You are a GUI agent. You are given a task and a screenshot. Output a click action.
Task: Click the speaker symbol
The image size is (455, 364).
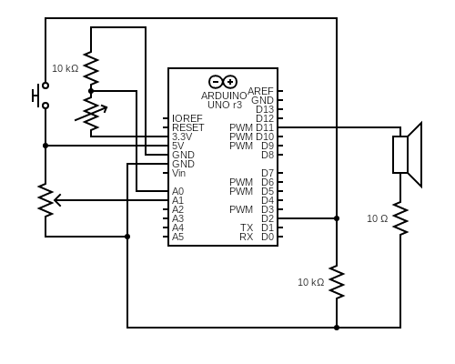pyautogui.click(x=407, y=155)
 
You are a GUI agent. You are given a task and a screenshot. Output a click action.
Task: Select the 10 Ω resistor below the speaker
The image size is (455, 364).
pyautogui.click(x=400, y=219)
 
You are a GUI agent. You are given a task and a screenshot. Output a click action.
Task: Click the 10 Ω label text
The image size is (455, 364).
pyautogui.click(x=377, y=219)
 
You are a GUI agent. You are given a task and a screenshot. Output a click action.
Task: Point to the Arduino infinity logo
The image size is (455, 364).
pyautogui.click(x=223, y=81)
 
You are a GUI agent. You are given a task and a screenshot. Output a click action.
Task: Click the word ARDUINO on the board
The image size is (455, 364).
pyautogui.click(x=224, y=96)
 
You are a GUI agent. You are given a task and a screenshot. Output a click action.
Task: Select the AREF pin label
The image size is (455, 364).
pyautogui.click(x=260, y=91)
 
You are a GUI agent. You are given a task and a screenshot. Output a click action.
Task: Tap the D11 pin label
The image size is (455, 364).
pyautogui.click(x=264, y=127)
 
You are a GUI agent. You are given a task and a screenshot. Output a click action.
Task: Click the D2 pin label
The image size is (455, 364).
pyautogui.click(x=267, y=218)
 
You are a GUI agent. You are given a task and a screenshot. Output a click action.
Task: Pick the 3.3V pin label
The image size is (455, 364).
pyautogui.click(x=182, y=136)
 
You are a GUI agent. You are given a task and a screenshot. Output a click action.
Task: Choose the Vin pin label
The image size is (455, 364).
pyautogui.click(x=178, y=173)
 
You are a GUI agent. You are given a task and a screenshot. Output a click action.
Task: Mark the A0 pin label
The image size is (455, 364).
pyautogui.click(x=177, y=191)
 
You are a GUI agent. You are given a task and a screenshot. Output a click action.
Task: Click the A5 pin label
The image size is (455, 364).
pyautogui.click(x=177, y=237)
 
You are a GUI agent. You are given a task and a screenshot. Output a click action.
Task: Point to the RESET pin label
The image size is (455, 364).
pyautogui.click(x=187, y=127)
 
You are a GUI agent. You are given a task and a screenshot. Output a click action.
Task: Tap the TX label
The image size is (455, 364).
pyautogui.click(x=247, y=227)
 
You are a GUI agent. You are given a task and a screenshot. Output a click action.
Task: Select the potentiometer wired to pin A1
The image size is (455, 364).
pyautogui.click(x=45, y=200)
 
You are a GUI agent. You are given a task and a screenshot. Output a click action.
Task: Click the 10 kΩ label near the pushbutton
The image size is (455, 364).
pyautogui.click(x=65, y=68)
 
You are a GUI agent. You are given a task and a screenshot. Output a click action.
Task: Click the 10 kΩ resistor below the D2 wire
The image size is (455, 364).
pyautogui.click(x=337, y=282)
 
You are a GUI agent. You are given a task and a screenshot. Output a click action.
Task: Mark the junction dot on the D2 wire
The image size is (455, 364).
pyautogui.click(x=337, y=218)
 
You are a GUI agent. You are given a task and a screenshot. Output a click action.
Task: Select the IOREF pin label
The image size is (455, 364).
pyautogui.click(x=187, y=118)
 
